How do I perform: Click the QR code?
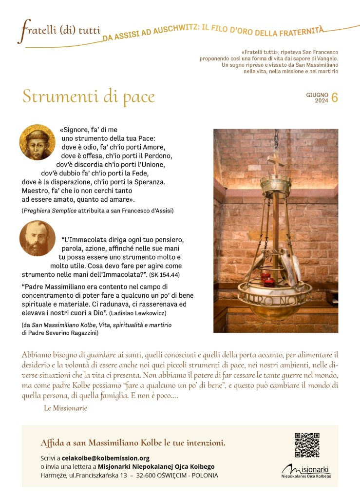pos(307,444)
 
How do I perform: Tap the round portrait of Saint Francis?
pos(38,142)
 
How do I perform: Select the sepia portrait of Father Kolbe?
pos(38,238)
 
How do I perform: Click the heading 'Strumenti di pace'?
pos(89,96)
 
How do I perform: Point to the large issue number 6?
pos(334,97)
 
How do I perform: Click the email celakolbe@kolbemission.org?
pos(106,458)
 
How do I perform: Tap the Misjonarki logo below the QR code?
pos(306,471)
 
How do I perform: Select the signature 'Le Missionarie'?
pos(65,408)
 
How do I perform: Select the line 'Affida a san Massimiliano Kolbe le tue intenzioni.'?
pos(133,443)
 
